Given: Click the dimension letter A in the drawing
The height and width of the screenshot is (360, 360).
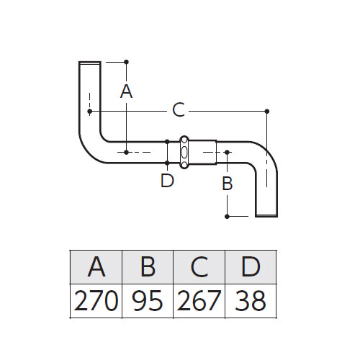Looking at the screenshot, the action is coord(126,91).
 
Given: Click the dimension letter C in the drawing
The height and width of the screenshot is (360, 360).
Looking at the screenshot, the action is coord(179,110).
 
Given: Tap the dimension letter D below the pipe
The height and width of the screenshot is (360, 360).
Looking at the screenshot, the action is coord(167,181).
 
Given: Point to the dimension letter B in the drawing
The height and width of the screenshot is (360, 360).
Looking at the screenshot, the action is coord(228,183).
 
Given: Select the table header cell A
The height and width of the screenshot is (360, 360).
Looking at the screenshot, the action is coord(96,267).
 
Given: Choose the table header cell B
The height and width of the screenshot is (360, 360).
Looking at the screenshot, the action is coord(148,267).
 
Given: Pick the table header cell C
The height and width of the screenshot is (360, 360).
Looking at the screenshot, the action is coord(199,267).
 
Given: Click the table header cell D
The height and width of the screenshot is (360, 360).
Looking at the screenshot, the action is coord(251,267).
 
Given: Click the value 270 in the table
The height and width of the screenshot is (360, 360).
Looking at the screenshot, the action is coord(96,300).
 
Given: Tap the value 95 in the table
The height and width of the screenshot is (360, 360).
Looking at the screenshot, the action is coord(148,300).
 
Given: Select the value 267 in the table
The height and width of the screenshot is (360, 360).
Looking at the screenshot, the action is coord(199,300).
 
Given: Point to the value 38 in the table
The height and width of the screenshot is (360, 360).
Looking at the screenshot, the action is coord(251,300).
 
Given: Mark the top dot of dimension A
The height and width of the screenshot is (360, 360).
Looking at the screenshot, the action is coord(127,62).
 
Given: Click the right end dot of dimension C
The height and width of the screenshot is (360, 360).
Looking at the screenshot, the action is coord(267,111).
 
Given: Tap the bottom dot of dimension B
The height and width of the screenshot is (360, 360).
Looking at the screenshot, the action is coord(227,217).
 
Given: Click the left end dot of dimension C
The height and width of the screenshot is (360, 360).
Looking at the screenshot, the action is coord(90,112).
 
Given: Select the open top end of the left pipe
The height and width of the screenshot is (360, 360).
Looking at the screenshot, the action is coord(90,63).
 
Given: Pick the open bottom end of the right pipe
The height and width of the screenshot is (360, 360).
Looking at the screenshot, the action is coord(266,215).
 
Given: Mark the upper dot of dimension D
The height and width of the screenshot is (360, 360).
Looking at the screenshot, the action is coord(167,142).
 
